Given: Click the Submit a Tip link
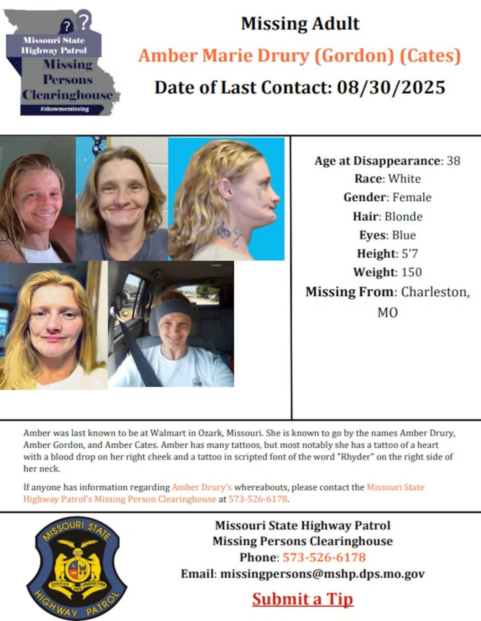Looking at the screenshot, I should (x=303, y=599).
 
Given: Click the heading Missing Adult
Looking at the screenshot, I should (x=300, y=24).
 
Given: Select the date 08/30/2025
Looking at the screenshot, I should (x=391, y=87).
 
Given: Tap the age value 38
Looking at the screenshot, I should (x=453, y=161).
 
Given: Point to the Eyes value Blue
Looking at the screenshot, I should (x=404, y=235).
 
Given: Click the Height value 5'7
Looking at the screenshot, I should (x=410, y=253).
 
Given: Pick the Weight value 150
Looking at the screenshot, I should (x=411, y=272).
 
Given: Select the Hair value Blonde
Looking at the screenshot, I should (x=403, y=217).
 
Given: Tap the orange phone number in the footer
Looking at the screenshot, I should (x=324, y=557).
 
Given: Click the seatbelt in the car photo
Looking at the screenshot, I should (x=138, y=352).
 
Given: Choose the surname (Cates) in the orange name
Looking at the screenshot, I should (x=430, y=56).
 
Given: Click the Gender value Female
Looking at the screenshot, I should (x=412, y=197).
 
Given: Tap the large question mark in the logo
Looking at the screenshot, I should (x=83, y=21).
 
